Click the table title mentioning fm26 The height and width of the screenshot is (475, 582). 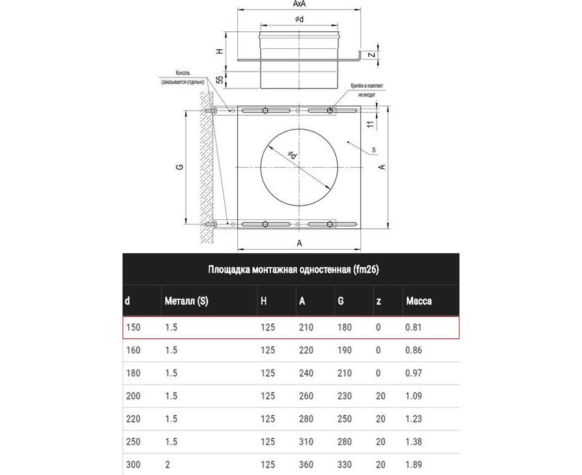pos(293,269)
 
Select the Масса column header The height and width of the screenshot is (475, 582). pos(418,301)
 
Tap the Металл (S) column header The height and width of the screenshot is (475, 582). pos(186,301)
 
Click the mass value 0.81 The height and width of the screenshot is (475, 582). pos(413,327)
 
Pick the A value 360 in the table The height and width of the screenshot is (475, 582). pos(306,465)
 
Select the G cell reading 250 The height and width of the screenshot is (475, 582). pos(345,419)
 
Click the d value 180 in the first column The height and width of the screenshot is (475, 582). pos(133,373)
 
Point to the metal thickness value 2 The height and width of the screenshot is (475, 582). pos(167,465)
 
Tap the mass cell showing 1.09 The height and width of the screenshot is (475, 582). pos(413,396)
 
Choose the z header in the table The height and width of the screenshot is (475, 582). pos(379,301)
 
